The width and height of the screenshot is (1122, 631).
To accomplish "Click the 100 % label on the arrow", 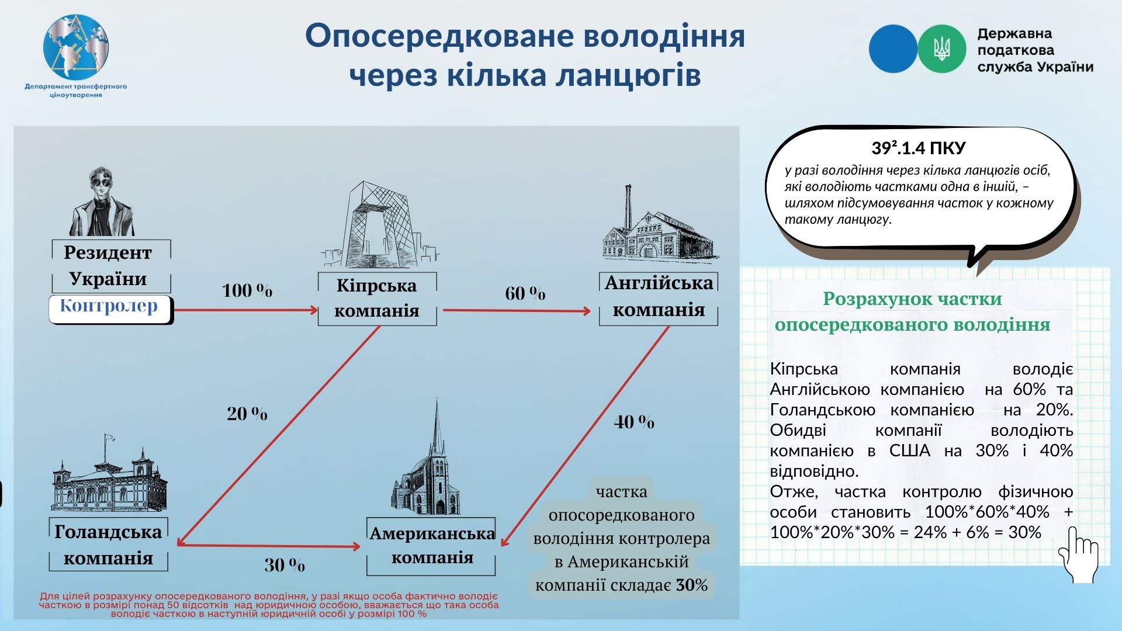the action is pos(247,290).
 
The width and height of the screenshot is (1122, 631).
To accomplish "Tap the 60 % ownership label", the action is pos(525,293).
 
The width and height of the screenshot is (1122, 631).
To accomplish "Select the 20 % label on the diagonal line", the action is pos(247,414).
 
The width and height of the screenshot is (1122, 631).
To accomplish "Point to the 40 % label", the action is pos(634,422).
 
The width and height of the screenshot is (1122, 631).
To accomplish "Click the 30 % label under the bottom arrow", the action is pos(285,565).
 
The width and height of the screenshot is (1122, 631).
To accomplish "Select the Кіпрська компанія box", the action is pos(378,299).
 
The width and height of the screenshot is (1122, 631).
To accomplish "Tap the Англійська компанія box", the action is pos(659,298).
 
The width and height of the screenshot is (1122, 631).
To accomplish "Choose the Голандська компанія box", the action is pos(108,545).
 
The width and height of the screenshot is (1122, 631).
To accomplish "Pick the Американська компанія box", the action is pos(431,546).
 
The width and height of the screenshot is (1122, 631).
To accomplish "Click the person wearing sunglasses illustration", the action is pos(102,202).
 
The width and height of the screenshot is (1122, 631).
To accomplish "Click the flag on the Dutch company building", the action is pos(108,439).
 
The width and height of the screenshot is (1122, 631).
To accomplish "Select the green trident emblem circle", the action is pos(941,48).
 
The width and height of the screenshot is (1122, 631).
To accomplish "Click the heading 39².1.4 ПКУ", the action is pos(919,148).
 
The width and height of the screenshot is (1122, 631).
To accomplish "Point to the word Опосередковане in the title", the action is pos(438,36).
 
